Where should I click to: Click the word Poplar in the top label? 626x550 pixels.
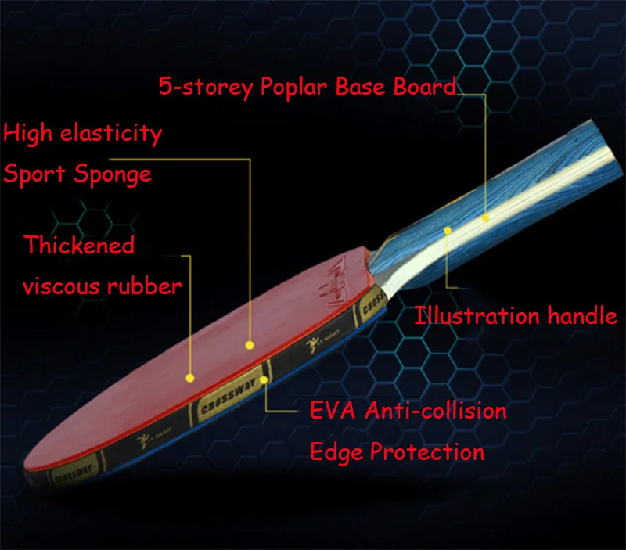pos(289,86)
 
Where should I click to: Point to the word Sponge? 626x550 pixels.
pos(111,174)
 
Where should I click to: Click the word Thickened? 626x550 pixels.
pos(78,245)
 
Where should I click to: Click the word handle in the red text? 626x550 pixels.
pos(580,316)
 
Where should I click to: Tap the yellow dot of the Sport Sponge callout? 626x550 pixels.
pos(250,344)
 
